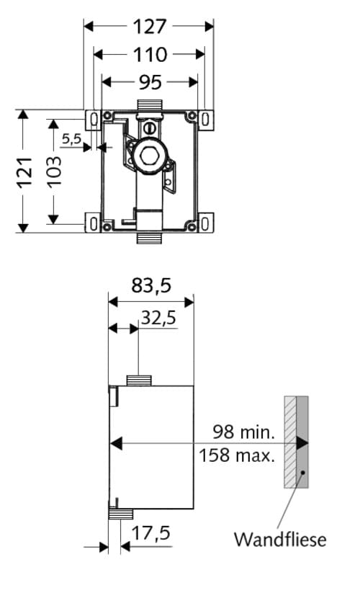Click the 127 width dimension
(x=150, y=26)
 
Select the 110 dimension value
(x=150, y=54)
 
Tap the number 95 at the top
(x=150, y=82)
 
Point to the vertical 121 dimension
(x=24, y=171)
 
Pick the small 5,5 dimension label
(x=71, y=138)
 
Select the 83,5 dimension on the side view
(x=151, y=286)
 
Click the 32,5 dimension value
(x=158, y=318)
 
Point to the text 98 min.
(x=243, y=432)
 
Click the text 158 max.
(x=237, y=455)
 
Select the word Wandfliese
(x=280, y=539)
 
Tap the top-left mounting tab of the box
(x=92, y=117)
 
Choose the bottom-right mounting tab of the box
(x=205, y=224)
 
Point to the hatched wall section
(x=289, y=442)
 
